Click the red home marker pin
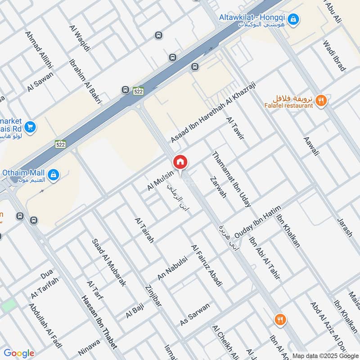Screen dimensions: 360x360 point(180,162)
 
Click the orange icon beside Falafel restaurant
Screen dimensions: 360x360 point(321,101)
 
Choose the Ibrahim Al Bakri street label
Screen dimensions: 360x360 point(85,82)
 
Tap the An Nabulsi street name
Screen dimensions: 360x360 point(172,269)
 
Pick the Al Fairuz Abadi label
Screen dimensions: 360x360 point(207,265)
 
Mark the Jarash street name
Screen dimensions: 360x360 point(345,227)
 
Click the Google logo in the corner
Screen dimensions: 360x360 point(19,353)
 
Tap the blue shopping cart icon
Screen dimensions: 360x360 point(31,127)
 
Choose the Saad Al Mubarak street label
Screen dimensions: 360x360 point(109,262)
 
